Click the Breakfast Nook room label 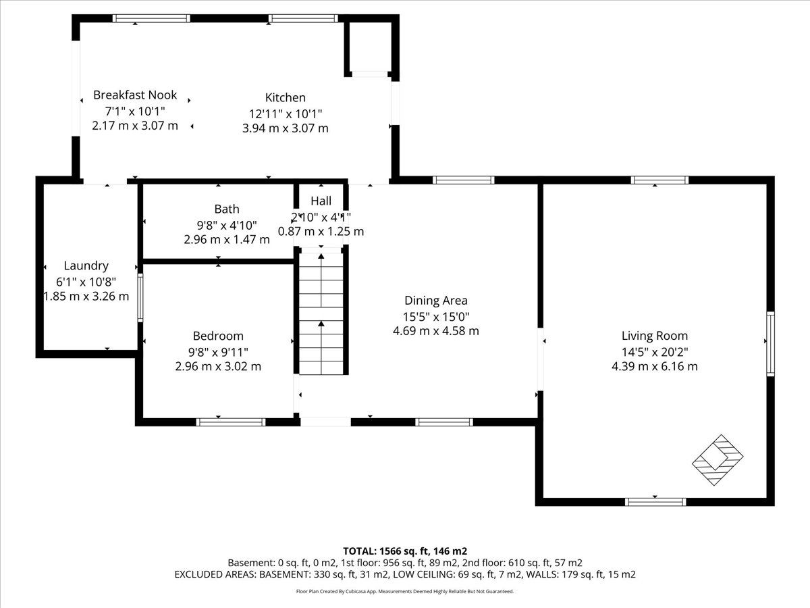pyautogui.click(x=135, y=95)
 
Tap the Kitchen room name pyautogui.click(x=286, y=97)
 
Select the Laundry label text pyautogui.click(x=86, y=265)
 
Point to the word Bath pyautogui.click(x=227, y=209)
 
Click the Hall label pyautogui.click(x=321, y=201)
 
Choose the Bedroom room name pyautogui.click(x=218, y=336)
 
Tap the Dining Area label pyautogui.click(x=436, y=301)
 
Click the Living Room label pyautogui.click(x=655, y=336)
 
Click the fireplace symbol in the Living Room pyautogui.click(x=718, y=460)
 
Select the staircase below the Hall pyautogui.click(x=321, y=313)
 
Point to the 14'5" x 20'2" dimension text pyautogui.click(x=655, y=352)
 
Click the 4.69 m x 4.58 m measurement pyautogui.click(x=436, y=331)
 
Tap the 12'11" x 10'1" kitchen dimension pyautogui.click(x=286, y=113)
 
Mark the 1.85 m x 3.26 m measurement pyautogui.click(x=86, y=296)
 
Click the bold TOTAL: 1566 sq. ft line pyautogui.click(x=405, y=551)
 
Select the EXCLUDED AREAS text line pyautogui.click(x=405, y=574)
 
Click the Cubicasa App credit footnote pyautogui.click(x=405, y=591)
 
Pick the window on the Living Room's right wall pyautogui.click(x=771, y=344)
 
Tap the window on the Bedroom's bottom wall pyautogui.click(x=231, y=422)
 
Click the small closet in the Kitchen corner pyautogui.click(x=370, y=47)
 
